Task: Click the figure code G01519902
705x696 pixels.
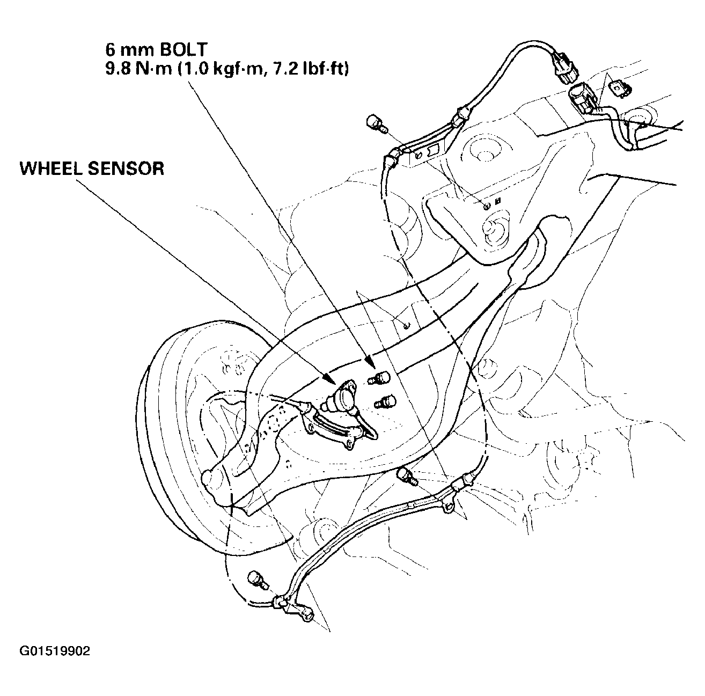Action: (55, 651)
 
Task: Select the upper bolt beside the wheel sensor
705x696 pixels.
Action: (380, 379)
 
